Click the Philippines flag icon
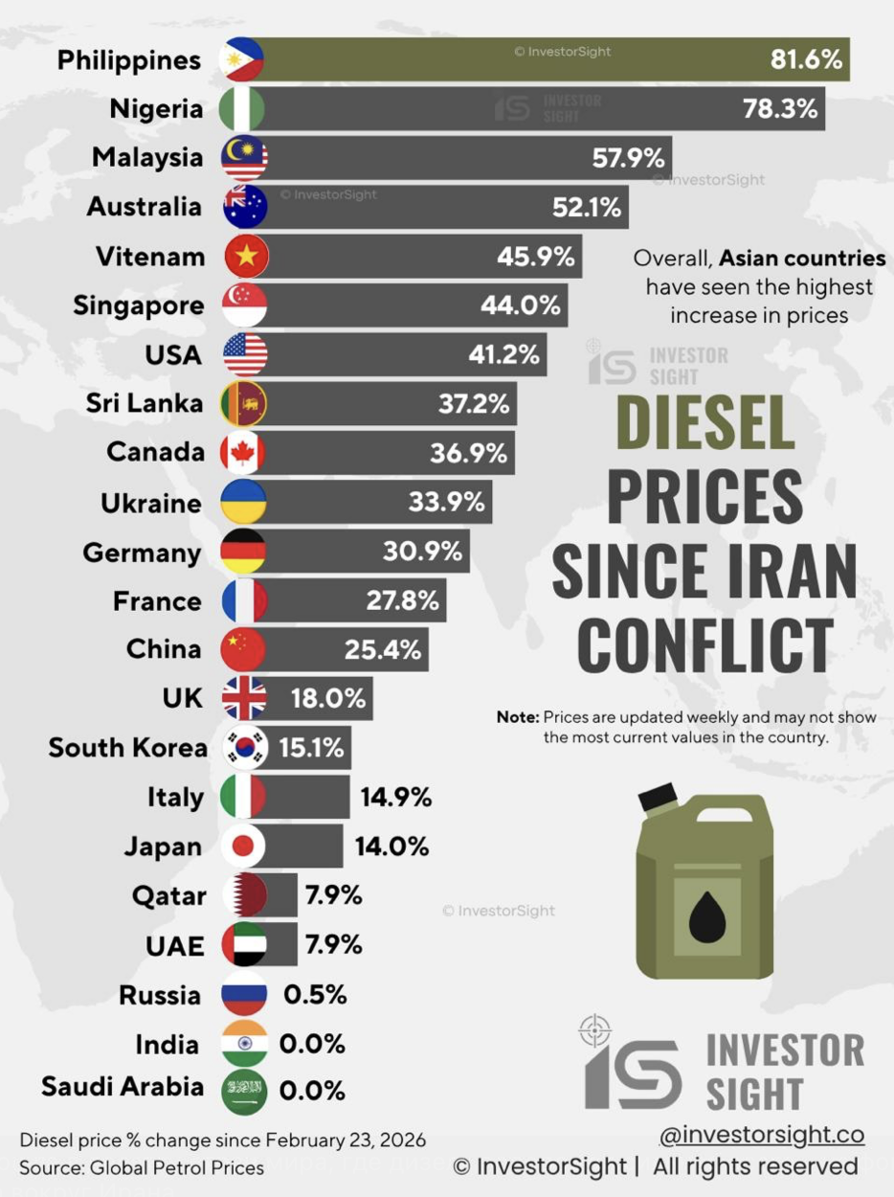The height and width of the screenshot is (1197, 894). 243,59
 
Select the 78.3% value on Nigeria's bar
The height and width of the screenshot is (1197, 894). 780,108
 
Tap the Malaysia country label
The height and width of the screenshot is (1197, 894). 147,157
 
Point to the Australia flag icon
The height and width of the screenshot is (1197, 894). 244,207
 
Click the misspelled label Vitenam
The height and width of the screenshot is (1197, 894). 149,257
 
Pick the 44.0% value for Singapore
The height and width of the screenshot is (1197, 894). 520,305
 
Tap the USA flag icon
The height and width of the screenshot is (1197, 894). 244,355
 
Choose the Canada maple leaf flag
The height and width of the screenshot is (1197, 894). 243,453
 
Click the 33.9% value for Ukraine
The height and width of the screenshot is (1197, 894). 446,502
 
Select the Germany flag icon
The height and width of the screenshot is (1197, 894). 243,552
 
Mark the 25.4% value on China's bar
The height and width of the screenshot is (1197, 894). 383,650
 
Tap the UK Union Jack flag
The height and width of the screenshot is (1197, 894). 243,699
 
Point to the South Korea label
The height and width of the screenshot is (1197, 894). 127,748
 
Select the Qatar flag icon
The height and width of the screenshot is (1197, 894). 244,895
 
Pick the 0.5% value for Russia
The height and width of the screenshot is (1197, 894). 314,995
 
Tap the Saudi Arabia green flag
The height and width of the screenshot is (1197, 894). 243,1091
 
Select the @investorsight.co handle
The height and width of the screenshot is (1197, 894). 761,1135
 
